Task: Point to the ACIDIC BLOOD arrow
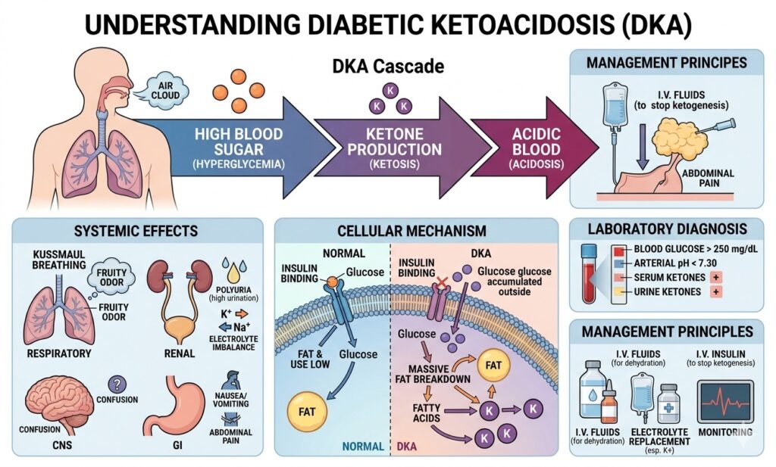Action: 535,144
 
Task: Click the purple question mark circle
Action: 117,385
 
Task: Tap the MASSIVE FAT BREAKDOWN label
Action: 431,372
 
